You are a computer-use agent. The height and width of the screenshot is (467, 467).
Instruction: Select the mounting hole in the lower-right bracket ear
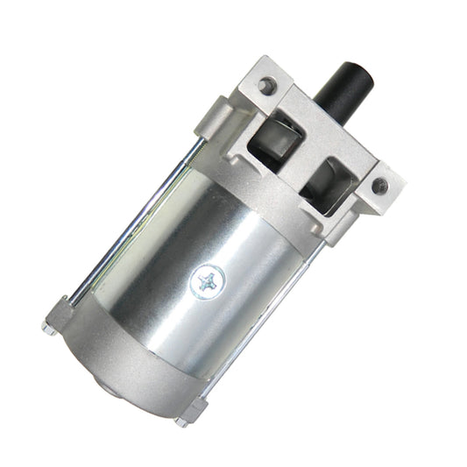pos(379,186)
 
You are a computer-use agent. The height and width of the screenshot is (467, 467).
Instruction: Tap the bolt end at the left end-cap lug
pos(48,329)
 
